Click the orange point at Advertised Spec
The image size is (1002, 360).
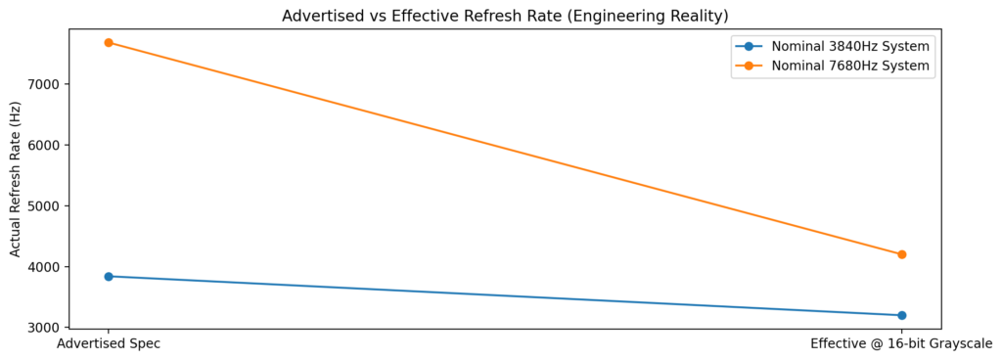point(109,42)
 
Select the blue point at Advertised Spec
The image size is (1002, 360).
point(109,276)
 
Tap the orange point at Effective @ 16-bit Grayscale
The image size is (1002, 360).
point(901,254)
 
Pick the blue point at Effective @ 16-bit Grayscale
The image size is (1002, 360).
point(901,315)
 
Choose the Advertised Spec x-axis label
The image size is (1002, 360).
point(109,344)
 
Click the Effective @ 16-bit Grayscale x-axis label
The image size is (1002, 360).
point(901,344)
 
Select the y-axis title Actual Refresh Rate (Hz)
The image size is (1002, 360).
point(16,179)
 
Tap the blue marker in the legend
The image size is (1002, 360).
point(749,46)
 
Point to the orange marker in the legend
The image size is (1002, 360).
point(749,67)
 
